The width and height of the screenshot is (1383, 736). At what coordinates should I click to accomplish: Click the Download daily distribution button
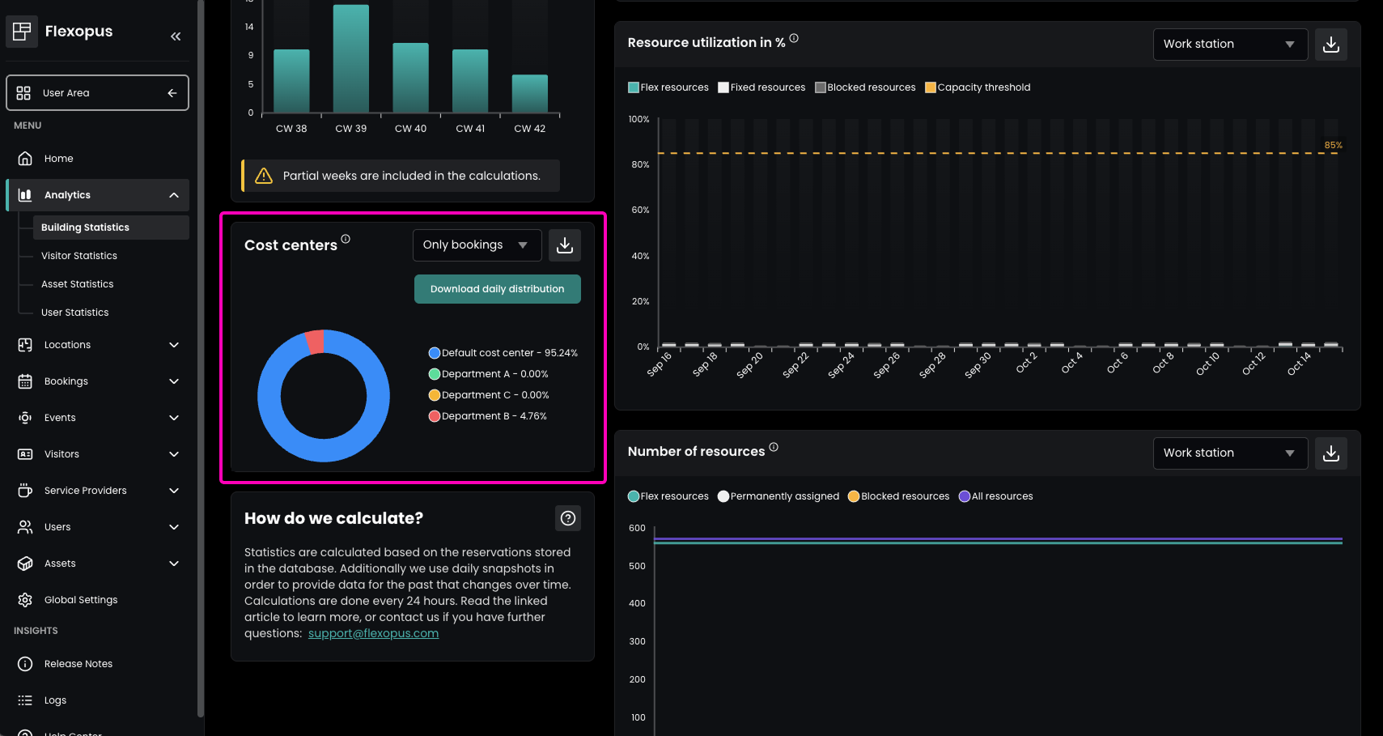click(x=497, y=289)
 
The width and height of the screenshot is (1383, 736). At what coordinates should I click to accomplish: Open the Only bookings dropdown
click(x=477, y=245)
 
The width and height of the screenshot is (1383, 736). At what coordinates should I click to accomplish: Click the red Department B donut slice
click(x=315, y=342)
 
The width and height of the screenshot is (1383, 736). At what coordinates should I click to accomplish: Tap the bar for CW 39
click(x=351, y=58)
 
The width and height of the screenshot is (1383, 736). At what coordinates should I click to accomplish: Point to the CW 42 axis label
click(x=530, y=129)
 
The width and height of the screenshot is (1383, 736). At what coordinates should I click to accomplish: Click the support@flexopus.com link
click(x=373, y=633)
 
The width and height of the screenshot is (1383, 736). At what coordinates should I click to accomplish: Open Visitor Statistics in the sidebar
click(x=79, y=256)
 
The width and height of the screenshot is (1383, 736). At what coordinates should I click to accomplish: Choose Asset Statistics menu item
click(x=78, y=284)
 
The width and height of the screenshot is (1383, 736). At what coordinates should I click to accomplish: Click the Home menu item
click(x=58, y=159)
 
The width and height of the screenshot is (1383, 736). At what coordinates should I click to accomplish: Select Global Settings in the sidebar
click(x=81, y=600)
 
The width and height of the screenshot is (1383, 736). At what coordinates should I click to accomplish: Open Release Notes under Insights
click(x=78, y=664)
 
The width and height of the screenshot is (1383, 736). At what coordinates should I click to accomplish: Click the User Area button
click(x=97, y=93)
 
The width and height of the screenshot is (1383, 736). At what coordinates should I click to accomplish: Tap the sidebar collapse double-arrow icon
click(x=176, y=36)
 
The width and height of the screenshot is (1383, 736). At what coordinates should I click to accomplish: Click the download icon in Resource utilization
click(x=1331, y=45)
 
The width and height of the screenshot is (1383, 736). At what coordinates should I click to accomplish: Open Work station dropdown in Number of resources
click(x=1230, y=453)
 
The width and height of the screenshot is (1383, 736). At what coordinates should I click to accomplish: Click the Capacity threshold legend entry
click(x=978, y=87)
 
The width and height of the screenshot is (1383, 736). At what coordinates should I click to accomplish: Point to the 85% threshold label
click(x=1333, y=146)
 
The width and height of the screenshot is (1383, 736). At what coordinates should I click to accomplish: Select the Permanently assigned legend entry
click(x=778, y=496)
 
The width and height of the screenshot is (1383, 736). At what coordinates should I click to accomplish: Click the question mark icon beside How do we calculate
click(x=568, y=518)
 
